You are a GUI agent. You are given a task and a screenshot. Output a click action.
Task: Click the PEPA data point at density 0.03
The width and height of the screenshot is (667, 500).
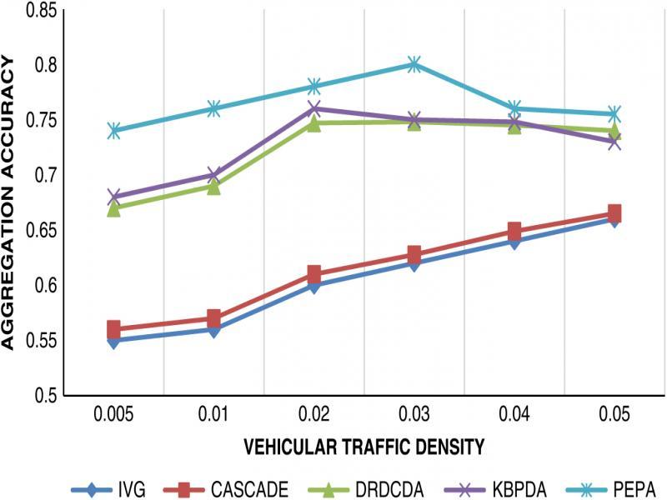click(414, 64)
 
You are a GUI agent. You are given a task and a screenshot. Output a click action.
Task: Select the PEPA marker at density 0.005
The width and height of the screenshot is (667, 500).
click(114, 131)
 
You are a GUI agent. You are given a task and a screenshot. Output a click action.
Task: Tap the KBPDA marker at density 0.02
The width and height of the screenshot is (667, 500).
click(314, 108)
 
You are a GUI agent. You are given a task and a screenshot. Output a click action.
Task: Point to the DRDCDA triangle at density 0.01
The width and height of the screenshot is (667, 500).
click(214, 186)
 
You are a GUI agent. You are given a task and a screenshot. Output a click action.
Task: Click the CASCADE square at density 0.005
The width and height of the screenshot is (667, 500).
click(114, 329)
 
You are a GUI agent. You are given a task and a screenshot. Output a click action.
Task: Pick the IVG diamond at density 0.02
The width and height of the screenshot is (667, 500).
click(314, 286)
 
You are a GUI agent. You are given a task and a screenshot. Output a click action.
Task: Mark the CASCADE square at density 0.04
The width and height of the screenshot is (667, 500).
click(514, 231)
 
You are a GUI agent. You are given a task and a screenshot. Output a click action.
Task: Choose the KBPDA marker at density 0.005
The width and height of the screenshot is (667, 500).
click(114, 197)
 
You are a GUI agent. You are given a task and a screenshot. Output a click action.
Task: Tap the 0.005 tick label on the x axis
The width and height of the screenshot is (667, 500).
click(114, 414)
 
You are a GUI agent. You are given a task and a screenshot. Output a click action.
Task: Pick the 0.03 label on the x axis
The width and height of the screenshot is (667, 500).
click(414, 414)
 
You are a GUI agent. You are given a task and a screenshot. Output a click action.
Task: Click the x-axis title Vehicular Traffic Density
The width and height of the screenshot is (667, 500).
click(364, 447)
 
